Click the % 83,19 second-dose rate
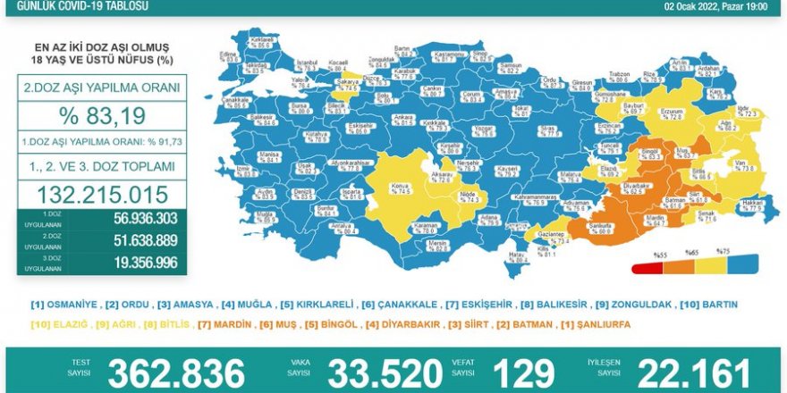[x=99, y=116]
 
